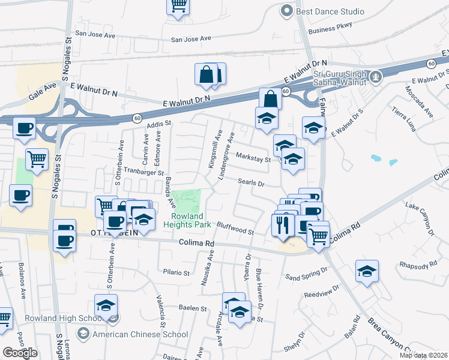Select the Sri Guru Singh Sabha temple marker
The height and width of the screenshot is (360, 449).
(x=376, y=76)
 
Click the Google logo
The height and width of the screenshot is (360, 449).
(x=20, y=353)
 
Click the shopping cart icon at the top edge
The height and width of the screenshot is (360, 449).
(x=178, y=5)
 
